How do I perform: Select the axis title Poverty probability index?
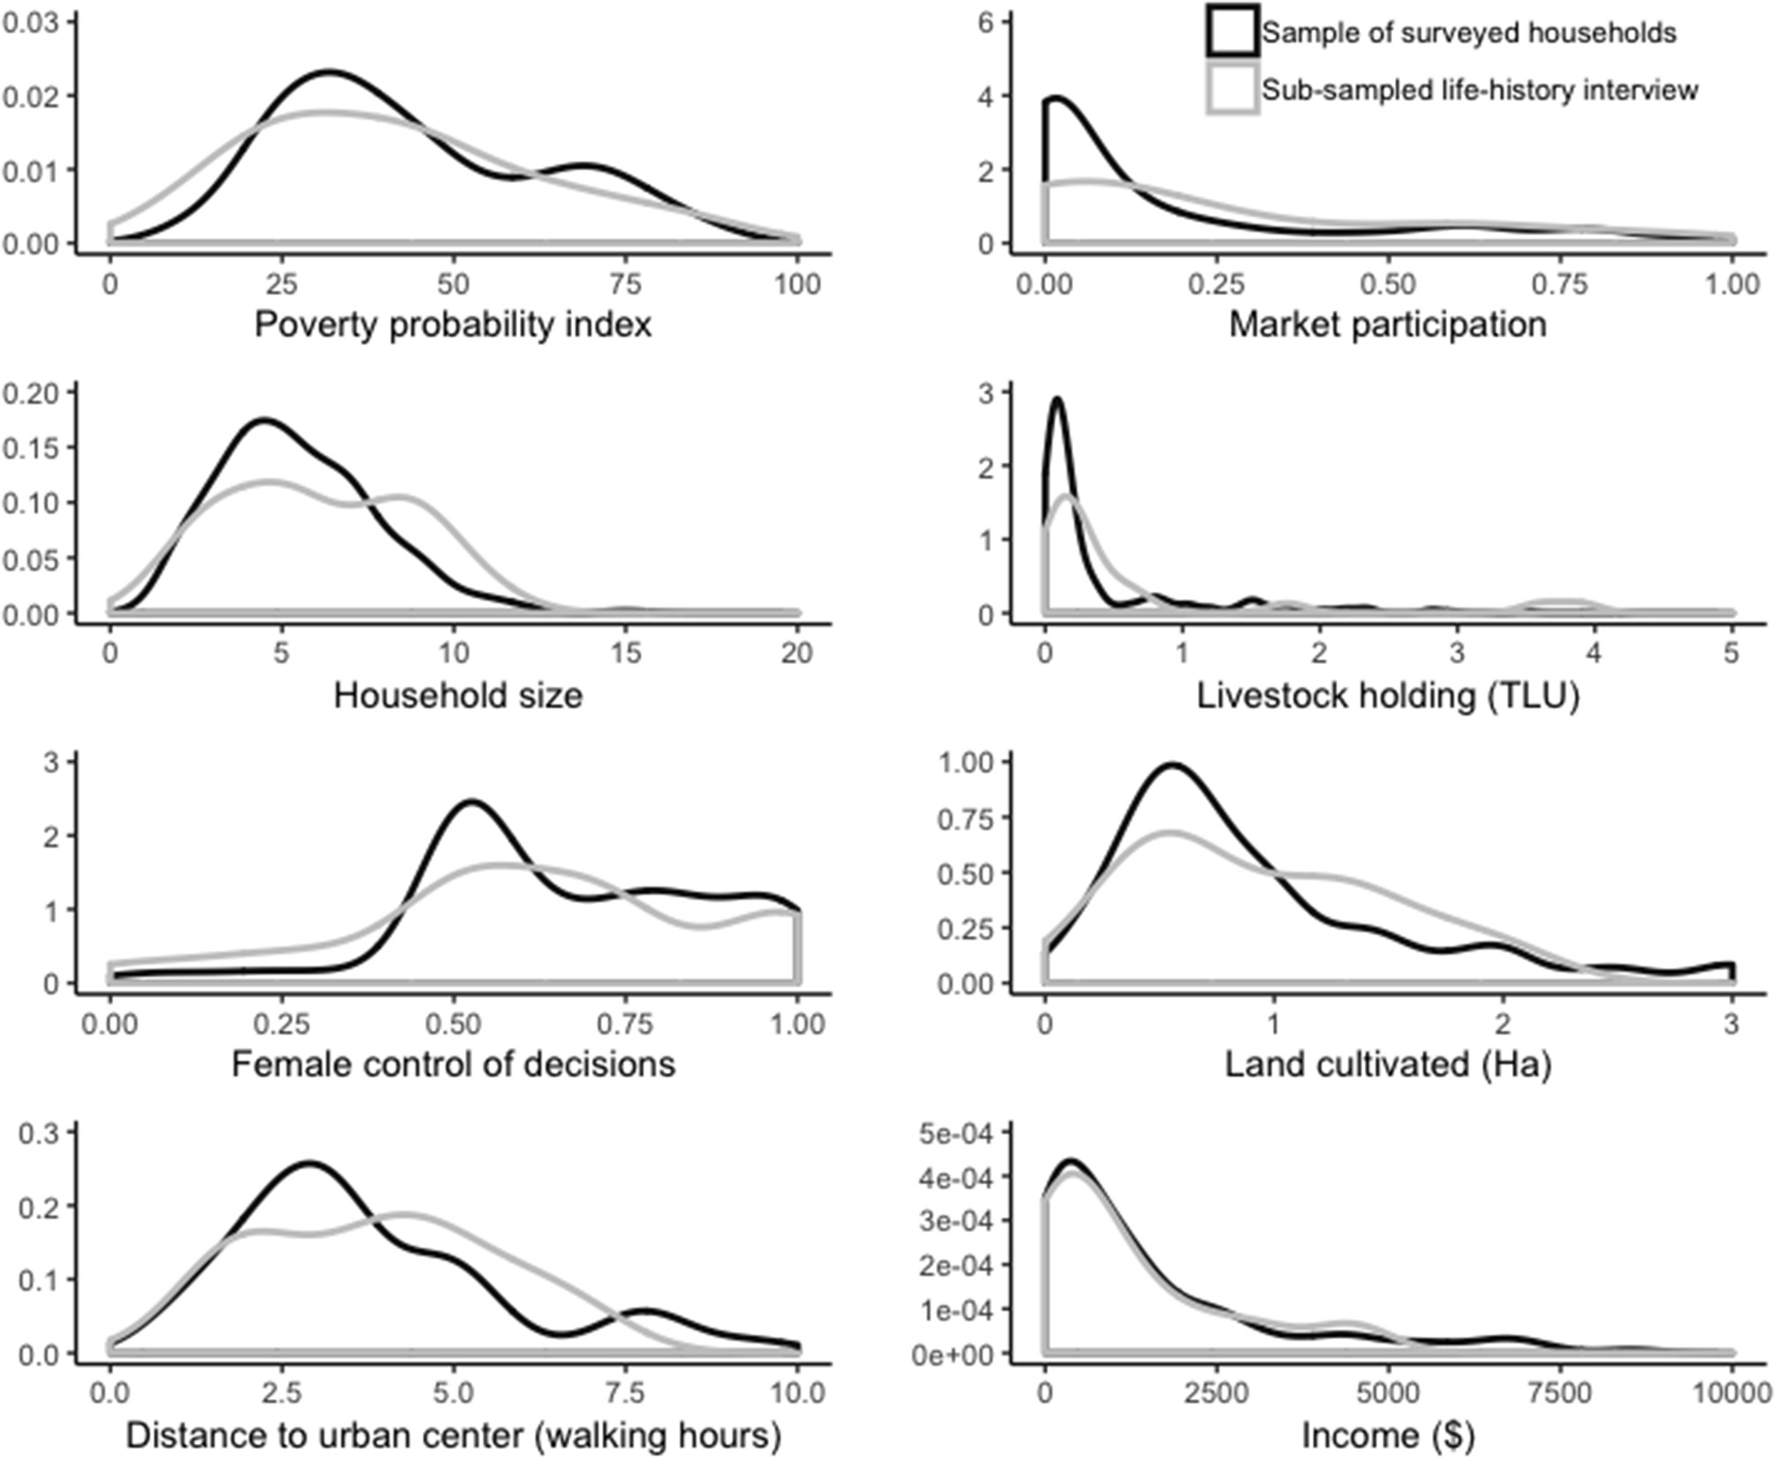[453, 324]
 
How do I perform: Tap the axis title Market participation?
[1388, 324]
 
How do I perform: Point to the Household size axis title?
[458, 696]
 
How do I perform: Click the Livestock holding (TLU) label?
[1388, 696]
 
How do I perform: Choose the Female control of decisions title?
[453, 1064]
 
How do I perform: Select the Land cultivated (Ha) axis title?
[1388, 1064]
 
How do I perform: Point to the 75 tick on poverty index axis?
[625, 285]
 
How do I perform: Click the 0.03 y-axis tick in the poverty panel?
[30, 21]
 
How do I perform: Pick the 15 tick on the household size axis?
[625, 654]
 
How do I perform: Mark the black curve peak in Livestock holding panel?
[1056, 399]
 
